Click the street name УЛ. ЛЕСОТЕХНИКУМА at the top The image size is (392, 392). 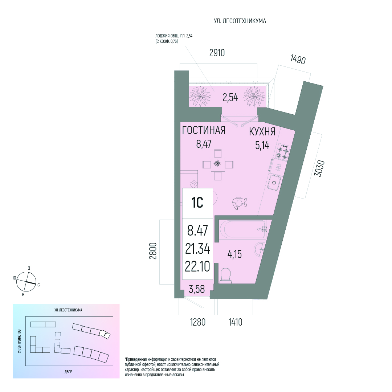(x=240, y=21)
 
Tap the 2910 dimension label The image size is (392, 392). (x=217, y=53)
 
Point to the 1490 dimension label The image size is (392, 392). (x=298, y=60)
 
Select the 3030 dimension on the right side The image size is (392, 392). (x=319, y=168)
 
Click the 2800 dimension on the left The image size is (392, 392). (x=153, y=251)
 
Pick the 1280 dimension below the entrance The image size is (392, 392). (x=198, y=322)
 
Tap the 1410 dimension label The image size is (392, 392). (x=236, y=322)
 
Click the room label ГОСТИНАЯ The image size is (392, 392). (x=204, y=130)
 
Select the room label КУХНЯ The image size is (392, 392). (x=262, y=132)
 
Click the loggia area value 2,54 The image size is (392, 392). (x=230, y=97)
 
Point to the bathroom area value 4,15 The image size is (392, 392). (x=234, y=254)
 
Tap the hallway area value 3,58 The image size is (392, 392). (x=197, y=289)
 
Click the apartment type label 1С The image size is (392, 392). (x=197, y=203)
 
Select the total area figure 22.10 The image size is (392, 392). (x=197, y=266)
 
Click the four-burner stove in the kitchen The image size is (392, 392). (x=283, y=152)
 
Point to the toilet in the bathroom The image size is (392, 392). (x=226, y=276)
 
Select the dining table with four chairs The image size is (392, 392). (x=218, y=165)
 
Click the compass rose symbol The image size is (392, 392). (x=26, y=282)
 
